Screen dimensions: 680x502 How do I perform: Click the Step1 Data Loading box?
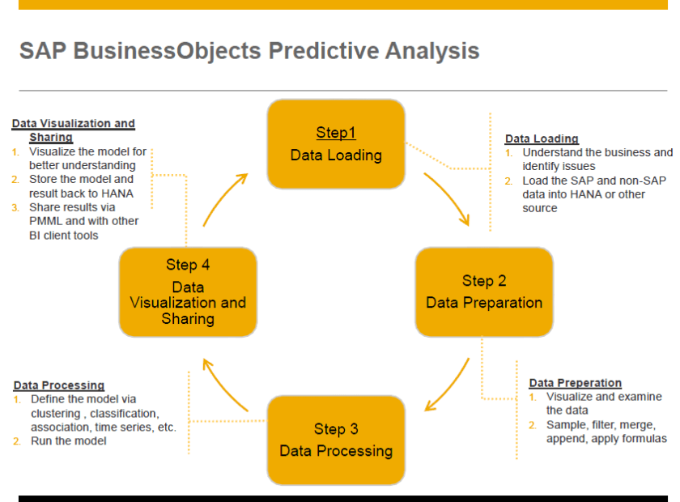coord(336,144)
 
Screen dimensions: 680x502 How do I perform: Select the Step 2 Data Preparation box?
coord(484,292)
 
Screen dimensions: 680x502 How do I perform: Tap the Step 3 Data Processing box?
coord(336,440)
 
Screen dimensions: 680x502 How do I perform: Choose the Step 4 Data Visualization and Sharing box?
coord(188,292)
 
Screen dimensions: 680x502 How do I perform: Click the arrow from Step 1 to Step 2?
coord(450,197)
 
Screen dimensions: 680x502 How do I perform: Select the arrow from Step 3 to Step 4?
coord(223,388)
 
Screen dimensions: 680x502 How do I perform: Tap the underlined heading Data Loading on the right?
coord(542,138)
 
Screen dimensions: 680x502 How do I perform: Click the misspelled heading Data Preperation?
coord(575,383)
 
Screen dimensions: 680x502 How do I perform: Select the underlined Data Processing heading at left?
coord(59,385)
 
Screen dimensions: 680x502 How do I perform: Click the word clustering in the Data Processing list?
coord(56,414)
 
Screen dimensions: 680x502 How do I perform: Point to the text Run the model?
coord(69,440)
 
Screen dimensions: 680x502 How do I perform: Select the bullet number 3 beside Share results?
coord(15,208)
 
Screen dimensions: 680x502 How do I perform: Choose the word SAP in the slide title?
coord(43,50)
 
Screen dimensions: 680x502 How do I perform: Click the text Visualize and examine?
coord(604,397)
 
